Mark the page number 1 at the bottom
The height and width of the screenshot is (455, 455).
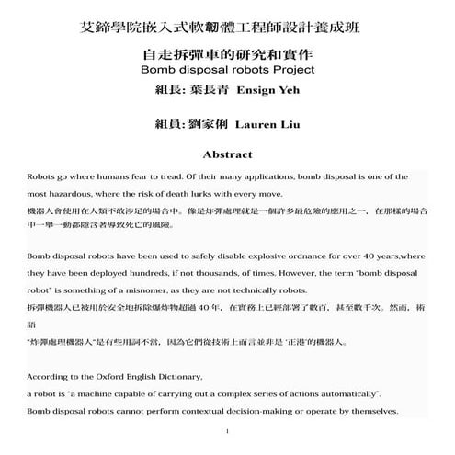[x=226, y=431]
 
